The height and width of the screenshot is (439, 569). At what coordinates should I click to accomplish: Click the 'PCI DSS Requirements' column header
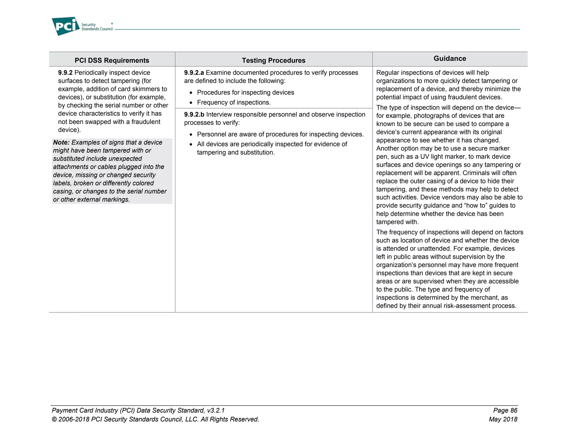112,60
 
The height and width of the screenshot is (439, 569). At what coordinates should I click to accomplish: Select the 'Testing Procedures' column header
273,60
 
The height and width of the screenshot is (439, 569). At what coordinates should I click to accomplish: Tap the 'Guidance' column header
450,58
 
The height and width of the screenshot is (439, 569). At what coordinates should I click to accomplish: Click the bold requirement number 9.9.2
65,73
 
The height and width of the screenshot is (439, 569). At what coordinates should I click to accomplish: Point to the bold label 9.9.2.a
194,73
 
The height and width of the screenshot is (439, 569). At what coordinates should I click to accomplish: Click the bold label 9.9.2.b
194,115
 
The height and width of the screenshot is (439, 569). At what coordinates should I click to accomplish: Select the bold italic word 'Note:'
61,142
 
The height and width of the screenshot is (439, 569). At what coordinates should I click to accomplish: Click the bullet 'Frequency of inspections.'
234,102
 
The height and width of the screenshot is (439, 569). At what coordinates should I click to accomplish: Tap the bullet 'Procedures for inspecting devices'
245,92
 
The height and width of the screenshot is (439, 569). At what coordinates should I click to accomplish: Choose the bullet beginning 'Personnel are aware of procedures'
280,134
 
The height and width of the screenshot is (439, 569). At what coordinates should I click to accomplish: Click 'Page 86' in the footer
505,410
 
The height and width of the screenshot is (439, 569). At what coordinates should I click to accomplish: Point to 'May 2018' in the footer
503,419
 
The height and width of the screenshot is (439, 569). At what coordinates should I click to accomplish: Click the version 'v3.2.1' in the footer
216,410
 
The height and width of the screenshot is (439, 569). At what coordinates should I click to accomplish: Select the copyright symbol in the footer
54,419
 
